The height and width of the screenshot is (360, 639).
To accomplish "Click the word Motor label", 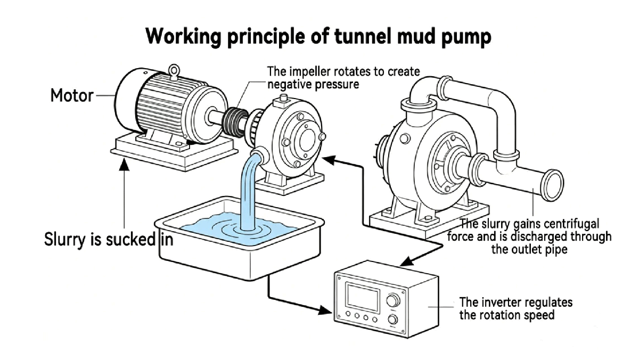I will point(71,96).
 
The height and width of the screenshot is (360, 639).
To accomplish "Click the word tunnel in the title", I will point(364,37).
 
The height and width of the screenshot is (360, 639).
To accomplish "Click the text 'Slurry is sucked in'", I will point(108,239).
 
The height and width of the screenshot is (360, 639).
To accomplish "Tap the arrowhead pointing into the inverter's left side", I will point(324,309).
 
